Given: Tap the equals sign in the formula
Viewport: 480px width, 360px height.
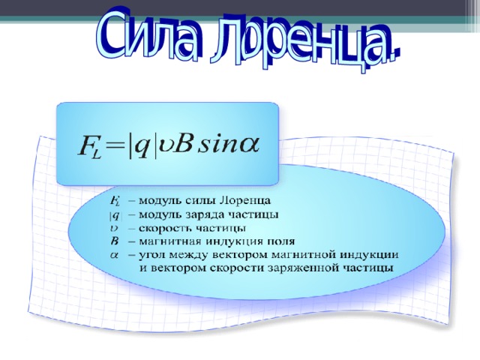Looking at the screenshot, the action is coord(114,147).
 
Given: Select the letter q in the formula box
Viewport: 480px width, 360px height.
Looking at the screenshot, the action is coord(142,148).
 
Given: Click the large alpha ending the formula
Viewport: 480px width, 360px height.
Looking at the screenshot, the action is coord(249,145).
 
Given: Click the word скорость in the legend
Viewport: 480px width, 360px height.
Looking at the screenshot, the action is coord(165,228).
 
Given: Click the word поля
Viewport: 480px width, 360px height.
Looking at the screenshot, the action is coord(281,241).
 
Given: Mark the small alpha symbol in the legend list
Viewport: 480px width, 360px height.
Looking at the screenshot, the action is coord(114,255).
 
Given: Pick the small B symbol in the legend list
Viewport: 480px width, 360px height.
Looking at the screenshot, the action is coord(114,241).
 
